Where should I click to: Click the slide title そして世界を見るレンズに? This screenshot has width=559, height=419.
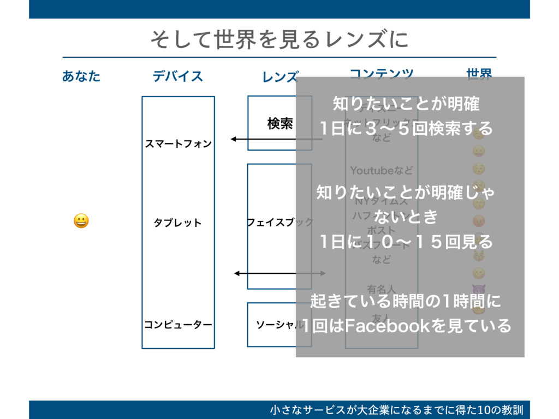[x=279, y=39]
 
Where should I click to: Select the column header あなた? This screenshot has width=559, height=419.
[x=81, y=76]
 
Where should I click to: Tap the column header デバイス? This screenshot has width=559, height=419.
[x=178, y=76]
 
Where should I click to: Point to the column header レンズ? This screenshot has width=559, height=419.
[x=280, y=77]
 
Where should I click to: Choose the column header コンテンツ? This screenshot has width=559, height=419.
[x=381, y=73]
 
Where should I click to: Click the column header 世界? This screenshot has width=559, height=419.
[x=479, y=74]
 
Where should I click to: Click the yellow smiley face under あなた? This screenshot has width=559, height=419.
[x=81, y=222]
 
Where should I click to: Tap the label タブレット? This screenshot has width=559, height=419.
[x=178, y=223]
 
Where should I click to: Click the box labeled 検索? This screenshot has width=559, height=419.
[x=279, y=124]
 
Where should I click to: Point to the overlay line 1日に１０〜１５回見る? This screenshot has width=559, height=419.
[x=407, y=241]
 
